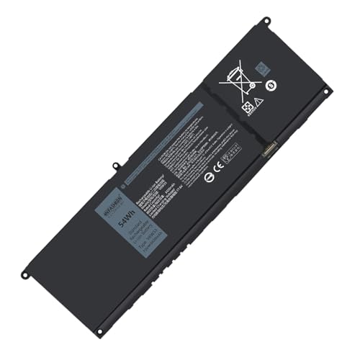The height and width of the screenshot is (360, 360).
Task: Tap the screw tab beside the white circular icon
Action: point(329,93)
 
